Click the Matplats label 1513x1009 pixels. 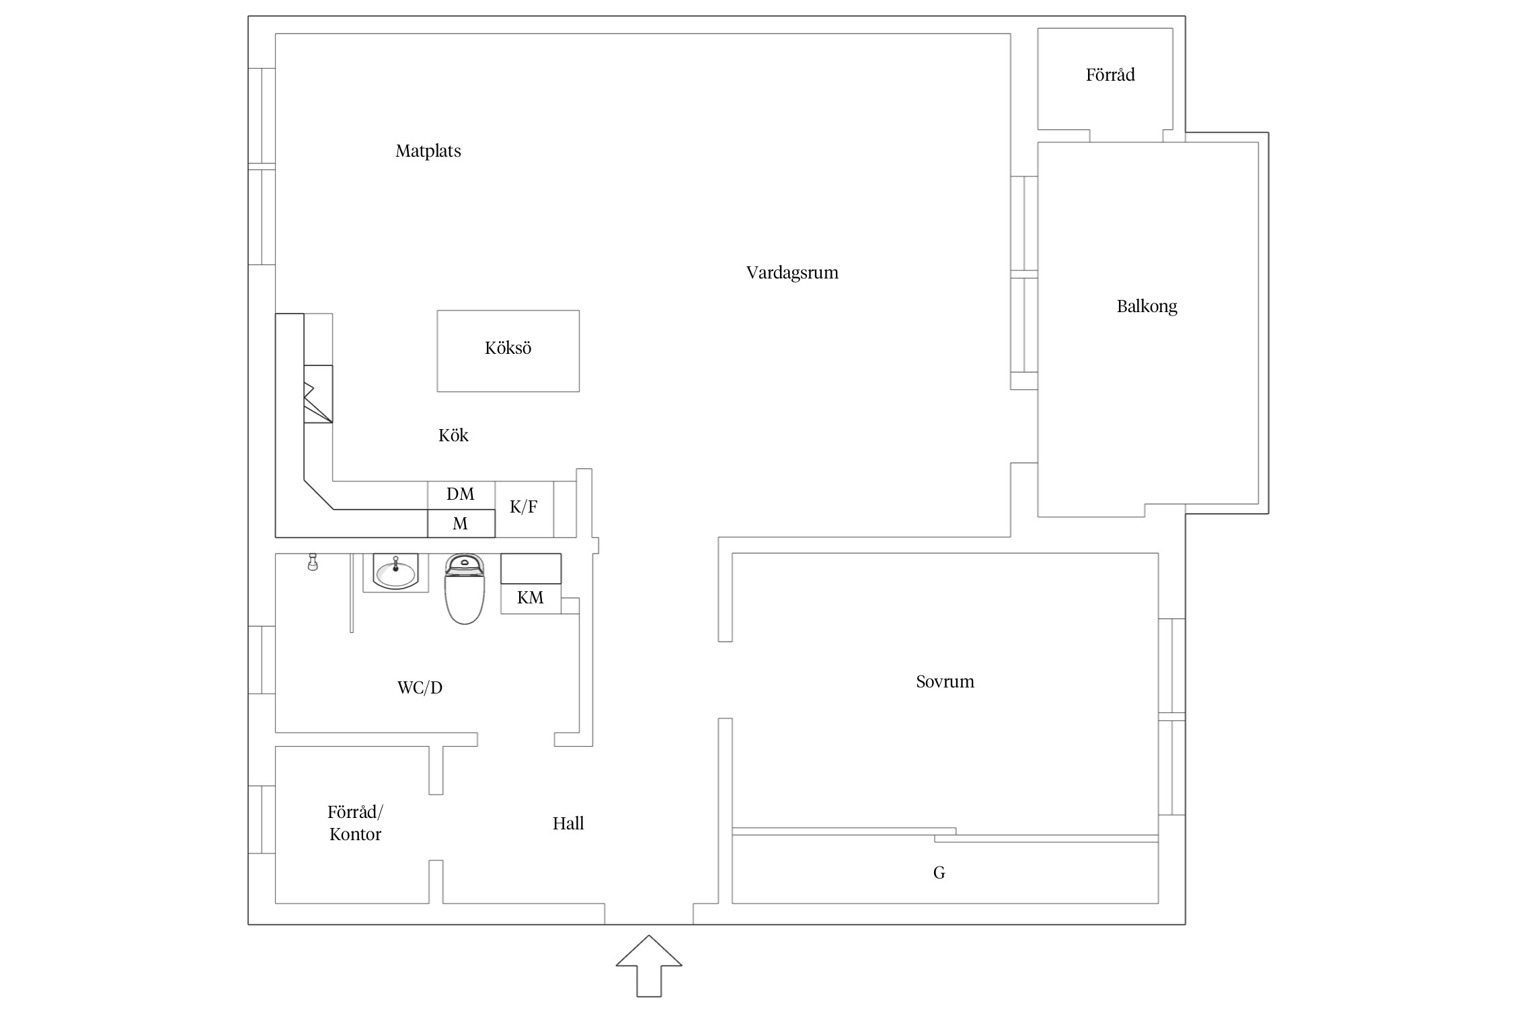tap(428, 151)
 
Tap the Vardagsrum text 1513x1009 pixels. tap(792, 273)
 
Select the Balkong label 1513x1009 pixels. tap(1147, 307)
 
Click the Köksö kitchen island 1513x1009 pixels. tap(508, 351)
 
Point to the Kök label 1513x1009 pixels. tap(453, 435)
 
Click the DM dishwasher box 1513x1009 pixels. tap(461, 495)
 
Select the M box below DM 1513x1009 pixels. tap(461, 523)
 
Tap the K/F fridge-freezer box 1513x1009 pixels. tap(525, 509)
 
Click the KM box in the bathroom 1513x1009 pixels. tap(531, 598)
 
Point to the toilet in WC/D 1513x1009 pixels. tap(465, 589)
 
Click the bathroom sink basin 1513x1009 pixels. tap(395, 572)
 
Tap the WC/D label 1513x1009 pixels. tap(420, 687)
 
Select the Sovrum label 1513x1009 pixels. tap(945, 682)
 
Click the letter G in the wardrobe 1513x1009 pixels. tap(939, 873)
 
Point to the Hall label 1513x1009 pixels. tap(568, 823)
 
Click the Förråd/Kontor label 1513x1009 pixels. tap(355, 823)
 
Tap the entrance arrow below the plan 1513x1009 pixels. tap(649, 966)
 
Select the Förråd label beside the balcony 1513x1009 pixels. tap(1110, 75)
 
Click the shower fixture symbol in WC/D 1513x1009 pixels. tap(312, 562)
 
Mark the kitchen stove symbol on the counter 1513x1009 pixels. tap(318, 394)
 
